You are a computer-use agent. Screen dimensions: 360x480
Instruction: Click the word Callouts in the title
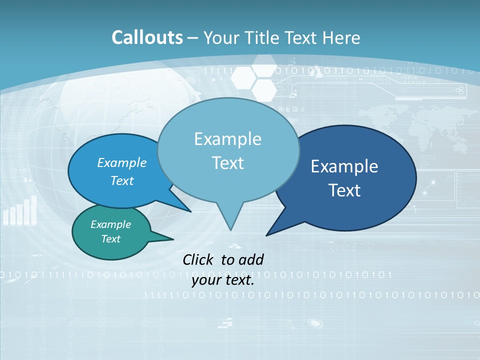tap(147, 37)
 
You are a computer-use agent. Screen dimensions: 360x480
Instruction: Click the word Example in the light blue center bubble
tap(227, 139)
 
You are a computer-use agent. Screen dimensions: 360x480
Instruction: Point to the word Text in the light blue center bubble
tap(227, 163)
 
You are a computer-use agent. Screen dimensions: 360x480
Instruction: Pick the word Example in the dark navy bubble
tap(344, 166)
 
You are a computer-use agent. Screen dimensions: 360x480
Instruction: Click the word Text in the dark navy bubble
tap(344, 190)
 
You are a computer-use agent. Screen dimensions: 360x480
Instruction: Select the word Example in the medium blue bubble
tap(122, 162)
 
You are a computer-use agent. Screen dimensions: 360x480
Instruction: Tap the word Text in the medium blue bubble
tap(122, 180)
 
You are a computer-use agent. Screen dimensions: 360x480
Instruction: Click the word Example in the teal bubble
tap(110, 224)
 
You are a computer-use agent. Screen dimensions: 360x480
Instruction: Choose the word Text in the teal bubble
tap(110, 239)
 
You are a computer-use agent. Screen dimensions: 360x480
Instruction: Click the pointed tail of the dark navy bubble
tap(268, 234)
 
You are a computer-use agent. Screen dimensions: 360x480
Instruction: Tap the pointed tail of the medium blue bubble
tap(189, 210)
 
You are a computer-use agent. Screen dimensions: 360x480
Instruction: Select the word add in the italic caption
tap(250, 259)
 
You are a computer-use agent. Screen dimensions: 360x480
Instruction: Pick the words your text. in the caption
tap(223, 280)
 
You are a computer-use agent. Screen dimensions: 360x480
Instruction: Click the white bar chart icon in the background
tap(20, 210)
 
